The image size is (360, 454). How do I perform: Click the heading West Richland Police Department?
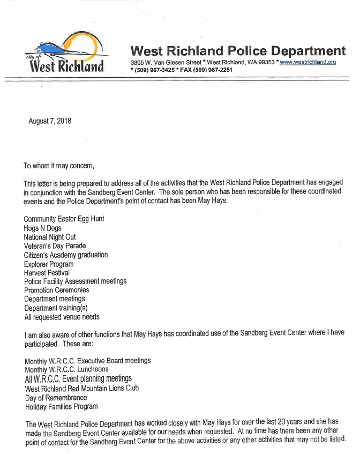[238, 51]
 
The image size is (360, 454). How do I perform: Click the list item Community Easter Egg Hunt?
[64, 219]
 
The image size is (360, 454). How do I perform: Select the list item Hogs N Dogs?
[42, 228]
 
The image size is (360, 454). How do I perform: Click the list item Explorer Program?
[49, 264]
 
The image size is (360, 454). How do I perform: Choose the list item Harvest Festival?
[47, 273]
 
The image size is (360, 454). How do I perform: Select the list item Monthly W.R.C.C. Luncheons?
[66, 369]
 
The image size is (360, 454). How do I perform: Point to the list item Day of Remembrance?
[56, 397]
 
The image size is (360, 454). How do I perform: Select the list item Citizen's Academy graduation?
[65, 255]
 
